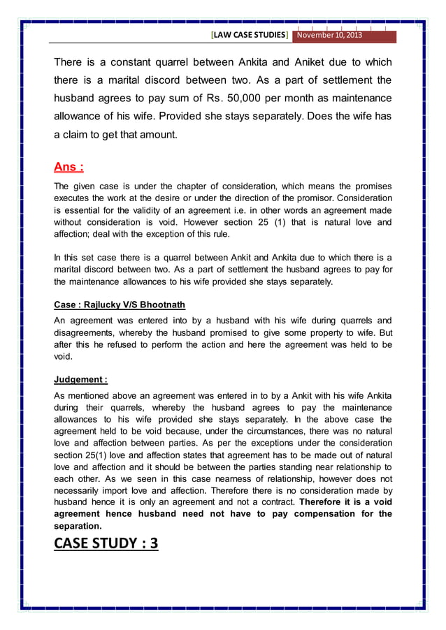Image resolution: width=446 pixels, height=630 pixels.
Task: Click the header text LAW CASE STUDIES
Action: (x=249, y=35)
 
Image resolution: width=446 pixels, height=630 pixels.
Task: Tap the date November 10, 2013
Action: (x=328, y=35)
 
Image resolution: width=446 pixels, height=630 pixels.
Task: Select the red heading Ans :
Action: (x=69, y=167)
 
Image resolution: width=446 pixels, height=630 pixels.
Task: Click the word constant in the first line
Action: (x=125, y=61)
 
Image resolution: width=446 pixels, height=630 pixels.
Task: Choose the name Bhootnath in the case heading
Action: (x=162, y=305)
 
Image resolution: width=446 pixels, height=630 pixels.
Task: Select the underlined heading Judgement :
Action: (x=80, y=380)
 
